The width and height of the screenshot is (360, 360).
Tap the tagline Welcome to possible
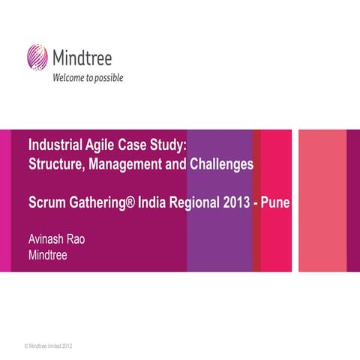coord(87,76)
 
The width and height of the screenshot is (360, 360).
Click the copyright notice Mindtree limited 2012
coord(49,345)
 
